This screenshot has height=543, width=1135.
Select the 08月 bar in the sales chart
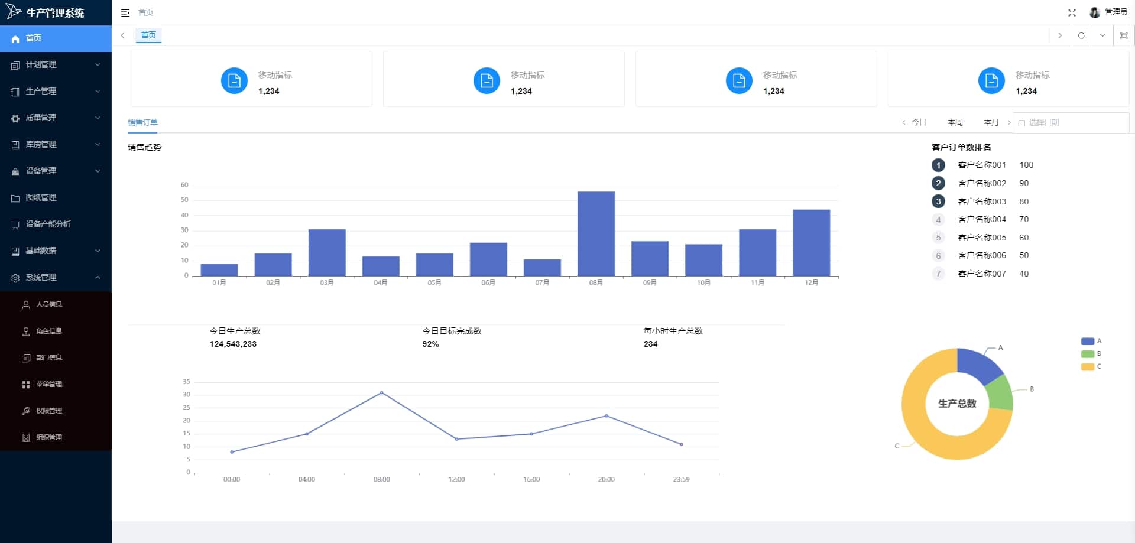596,233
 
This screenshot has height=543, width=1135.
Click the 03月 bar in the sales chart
327,252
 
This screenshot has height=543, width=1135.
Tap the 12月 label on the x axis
811,283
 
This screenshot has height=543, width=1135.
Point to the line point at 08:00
381,392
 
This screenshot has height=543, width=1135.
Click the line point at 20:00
606,416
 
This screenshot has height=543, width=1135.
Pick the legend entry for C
1091,367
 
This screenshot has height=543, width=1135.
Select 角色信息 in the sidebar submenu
49,331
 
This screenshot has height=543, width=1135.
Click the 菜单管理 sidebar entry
49,384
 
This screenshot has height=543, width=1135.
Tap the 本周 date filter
955,122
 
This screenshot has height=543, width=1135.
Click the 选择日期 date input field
1071,122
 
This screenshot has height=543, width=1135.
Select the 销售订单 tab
142,122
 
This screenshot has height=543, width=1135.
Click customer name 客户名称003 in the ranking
982,201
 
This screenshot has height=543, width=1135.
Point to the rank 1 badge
938,165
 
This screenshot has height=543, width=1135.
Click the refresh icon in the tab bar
1081,35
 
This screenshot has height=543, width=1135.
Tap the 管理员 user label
1115,12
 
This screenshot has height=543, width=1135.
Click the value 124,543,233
233,344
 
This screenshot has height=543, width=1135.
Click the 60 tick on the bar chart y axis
184,185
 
